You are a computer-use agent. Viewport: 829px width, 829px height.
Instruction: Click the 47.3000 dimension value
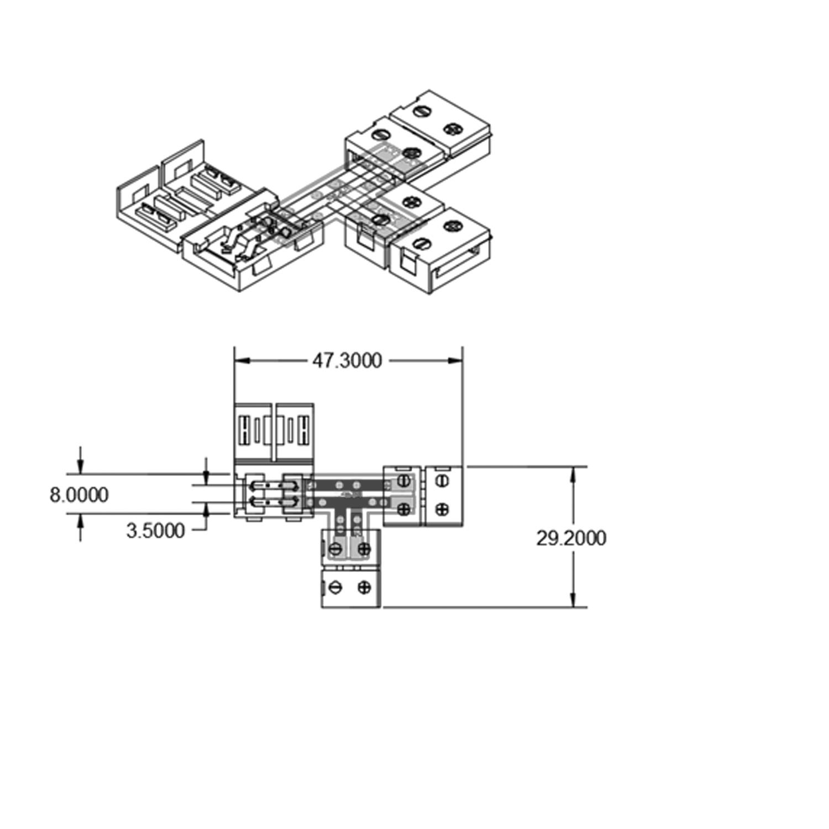click(x=347, y=361)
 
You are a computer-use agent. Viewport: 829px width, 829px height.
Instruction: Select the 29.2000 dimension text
click(x=571, y=538)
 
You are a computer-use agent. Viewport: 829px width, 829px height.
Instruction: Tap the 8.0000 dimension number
click(x=79, y=495)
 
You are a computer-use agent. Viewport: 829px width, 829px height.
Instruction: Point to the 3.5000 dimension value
click(x=155, y=531)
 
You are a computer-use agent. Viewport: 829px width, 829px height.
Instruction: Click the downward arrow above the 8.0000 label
click(x=81, y=466)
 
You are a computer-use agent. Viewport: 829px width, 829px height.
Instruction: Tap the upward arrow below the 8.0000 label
click(x=81, y=521)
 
